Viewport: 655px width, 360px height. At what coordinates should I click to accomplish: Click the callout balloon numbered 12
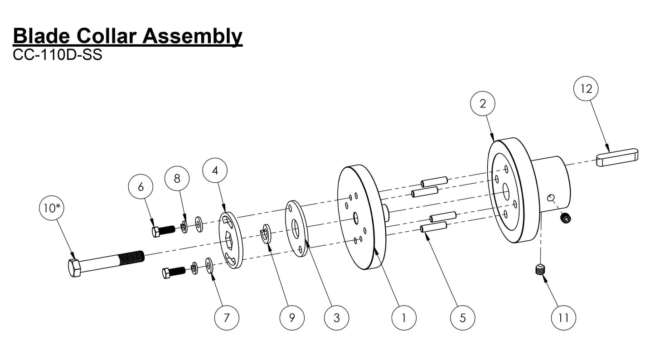586,89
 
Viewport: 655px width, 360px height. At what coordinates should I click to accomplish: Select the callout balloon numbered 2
482,103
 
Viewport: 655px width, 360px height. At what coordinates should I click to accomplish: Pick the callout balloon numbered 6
141,187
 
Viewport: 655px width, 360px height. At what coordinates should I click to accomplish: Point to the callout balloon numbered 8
177,179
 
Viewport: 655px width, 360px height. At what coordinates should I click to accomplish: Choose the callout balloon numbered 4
215,170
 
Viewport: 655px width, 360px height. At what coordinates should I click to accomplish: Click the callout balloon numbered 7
226,317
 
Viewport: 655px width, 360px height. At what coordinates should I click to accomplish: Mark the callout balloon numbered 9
291,317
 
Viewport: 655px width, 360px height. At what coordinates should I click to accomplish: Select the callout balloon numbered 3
336,317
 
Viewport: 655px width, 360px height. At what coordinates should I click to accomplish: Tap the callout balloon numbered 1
403,317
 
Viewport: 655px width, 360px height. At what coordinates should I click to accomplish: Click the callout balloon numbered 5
462,317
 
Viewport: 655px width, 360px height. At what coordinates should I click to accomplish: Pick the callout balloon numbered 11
563,317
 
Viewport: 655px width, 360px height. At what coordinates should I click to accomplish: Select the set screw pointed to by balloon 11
538,270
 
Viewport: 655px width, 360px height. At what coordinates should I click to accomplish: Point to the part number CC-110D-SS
58,55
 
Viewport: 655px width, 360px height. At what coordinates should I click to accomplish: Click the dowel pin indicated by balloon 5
434,226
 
